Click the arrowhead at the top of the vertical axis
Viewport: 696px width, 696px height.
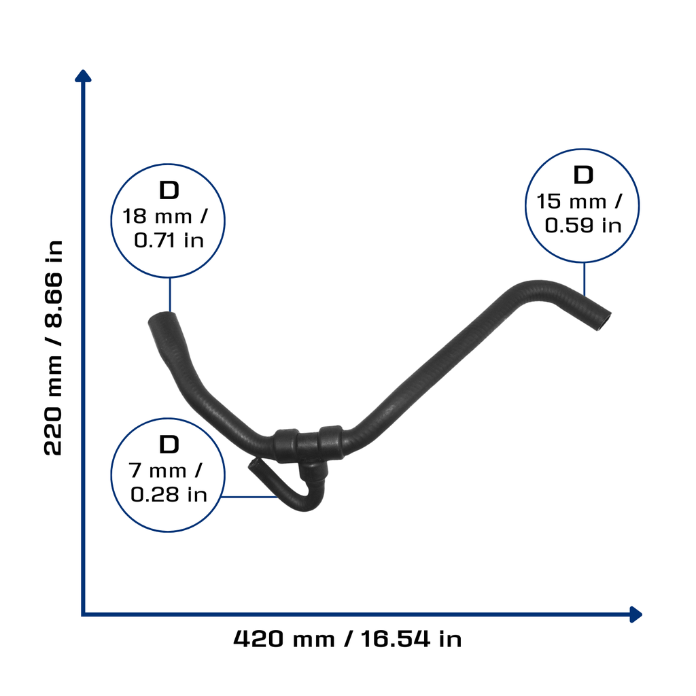click(83, 76)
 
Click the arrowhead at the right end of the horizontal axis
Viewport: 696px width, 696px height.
click(636, 614)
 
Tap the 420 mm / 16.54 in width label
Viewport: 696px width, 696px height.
click(347, 639)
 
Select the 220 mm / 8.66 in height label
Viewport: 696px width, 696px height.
click(54, 348)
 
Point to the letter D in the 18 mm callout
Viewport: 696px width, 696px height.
click(169, 190)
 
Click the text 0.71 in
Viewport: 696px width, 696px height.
click(169, 241)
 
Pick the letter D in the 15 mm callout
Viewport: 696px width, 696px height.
click(583, 175)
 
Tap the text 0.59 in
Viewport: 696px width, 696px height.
click(582, 226)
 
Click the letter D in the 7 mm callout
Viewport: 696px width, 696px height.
click(169, 445)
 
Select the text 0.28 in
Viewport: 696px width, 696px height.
click(169, 495)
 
